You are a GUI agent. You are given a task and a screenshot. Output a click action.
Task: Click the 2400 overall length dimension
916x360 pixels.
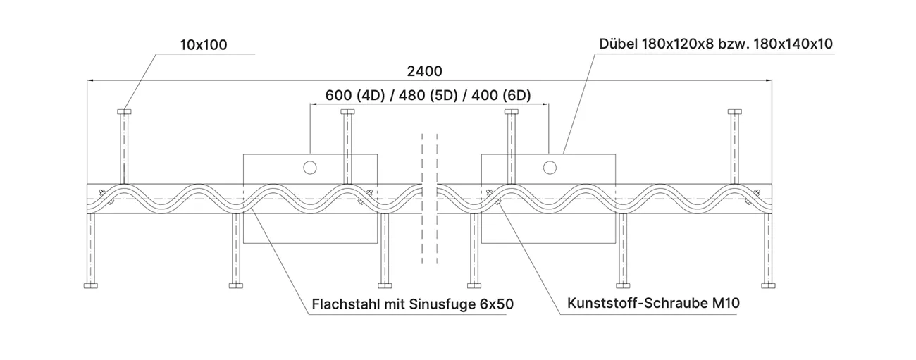point(424,71)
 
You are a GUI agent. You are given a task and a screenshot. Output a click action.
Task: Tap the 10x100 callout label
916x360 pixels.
point(204,45)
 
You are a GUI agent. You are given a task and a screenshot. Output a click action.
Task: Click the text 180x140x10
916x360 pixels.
point(793,44)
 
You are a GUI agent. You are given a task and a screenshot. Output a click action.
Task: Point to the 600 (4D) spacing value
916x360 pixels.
point(355,95)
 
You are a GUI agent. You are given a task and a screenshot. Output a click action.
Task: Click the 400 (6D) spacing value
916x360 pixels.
point(502,95)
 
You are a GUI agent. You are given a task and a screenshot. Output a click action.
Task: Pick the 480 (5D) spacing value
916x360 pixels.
point(428,95)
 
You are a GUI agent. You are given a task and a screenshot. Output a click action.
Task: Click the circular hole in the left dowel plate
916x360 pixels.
point(310,167)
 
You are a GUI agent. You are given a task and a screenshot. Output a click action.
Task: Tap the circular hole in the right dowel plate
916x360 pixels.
point(550,167)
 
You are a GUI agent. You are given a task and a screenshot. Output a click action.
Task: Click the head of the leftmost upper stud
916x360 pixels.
point(124,112)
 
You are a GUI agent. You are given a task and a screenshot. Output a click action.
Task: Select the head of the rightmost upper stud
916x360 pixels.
point(735,112)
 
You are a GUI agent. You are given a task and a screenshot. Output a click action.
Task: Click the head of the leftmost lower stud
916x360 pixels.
point(91,285)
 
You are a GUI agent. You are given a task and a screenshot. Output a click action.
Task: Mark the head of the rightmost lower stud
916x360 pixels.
point(768,285)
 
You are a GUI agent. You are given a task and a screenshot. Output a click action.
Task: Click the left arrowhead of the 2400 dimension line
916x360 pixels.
point(90,80)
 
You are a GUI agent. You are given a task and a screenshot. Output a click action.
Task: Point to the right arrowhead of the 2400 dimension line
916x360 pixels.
point(769,80)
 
